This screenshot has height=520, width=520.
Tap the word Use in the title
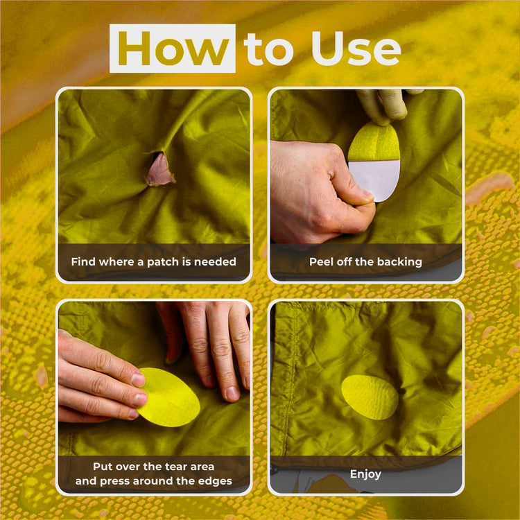[356, 49]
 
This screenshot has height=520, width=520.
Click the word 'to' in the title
[269, 49]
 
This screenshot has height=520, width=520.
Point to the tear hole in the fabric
[159, 168]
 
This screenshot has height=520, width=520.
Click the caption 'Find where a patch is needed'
[153, 262]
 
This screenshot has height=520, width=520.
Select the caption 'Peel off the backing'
[365, 262]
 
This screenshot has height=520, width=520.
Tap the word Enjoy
[365, 474]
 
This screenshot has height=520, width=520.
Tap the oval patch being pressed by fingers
[169, 397]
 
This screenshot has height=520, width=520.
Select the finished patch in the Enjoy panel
[370, 397]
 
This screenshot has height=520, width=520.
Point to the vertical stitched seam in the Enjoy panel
[291, 381]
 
